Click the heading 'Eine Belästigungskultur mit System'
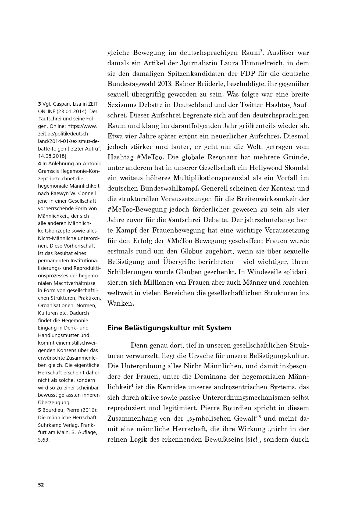click(169, 328)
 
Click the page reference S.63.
click(44, 440)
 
